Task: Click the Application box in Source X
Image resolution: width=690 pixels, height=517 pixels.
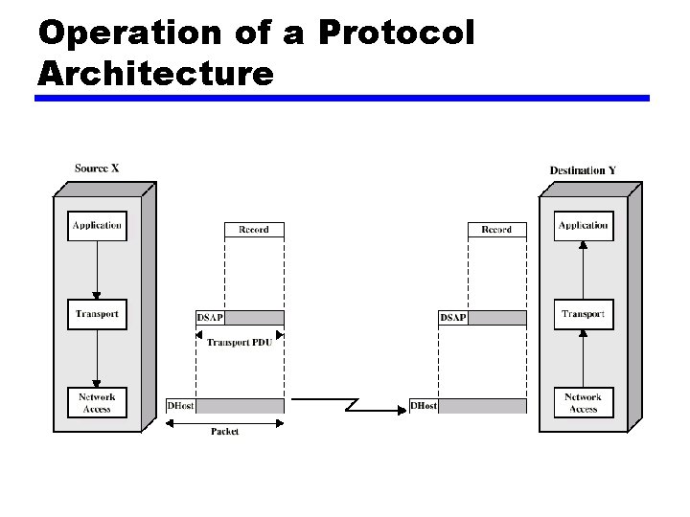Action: [97, 226]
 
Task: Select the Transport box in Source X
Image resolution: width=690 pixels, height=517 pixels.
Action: [97, 314]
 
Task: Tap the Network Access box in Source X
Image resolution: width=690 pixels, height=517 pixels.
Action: [97, 402]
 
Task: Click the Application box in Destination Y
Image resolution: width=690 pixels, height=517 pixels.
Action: [583, 226]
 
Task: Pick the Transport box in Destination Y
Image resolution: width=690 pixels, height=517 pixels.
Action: [583, 314]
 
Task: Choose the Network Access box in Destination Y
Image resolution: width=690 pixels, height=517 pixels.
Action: [583, 402]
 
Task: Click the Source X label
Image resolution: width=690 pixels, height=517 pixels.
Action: [97, 169]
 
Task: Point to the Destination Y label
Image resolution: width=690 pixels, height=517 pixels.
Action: [583, 170]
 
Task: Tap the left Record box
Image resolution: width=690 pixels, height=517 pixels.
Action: [254, 230]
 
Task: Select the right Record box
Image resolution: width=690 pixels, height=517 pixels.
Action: [496, 230]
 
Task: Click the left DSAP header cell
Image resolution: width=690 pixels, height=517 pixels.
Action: [211, 318]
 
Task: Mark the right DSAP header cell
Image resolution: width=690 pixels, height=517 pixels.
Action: [453, 318]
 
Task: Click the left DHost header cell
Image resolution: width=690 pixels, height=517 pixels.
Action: [181, 406]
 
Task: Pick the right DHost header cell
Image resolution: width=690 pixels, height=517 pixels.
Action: [424, 406]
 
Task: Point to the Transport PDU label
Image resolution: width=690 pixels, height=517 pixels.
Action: [240, 342]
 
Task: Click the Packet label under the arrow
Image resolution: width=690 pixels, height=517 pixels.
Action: [224, 432]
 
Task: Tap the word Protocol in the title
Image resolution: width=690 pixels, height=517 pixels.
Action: [395, 34]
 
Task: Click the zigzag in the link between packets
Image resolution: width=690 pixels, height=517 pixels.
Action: [351, 402]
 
